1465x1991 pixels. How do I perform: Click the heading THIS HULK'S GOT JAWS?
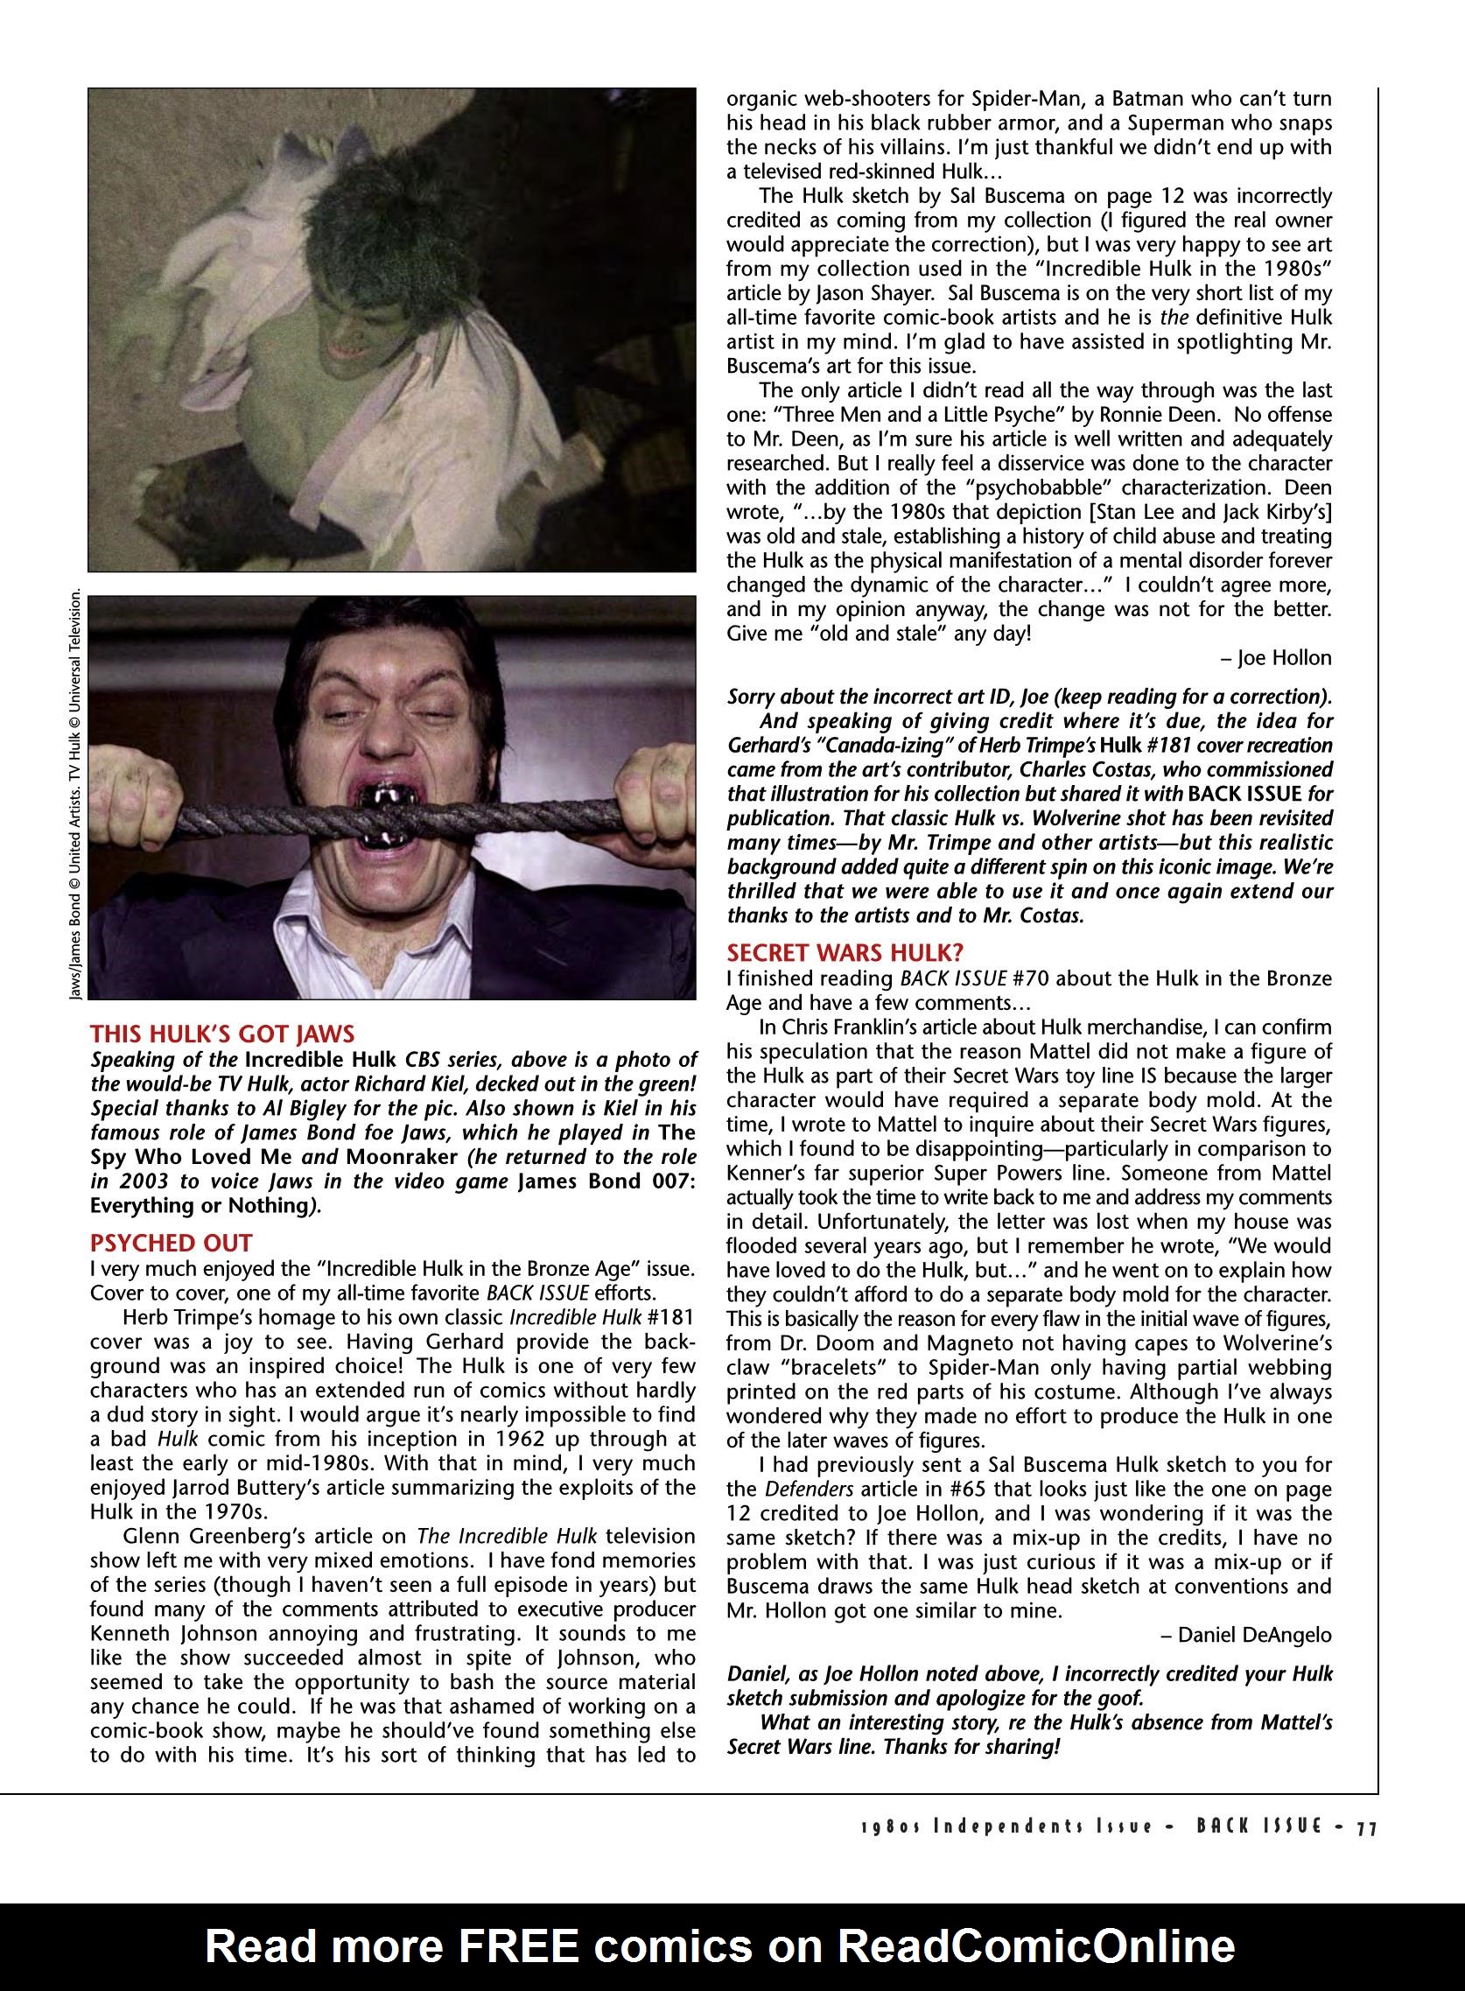tap(222, 1034)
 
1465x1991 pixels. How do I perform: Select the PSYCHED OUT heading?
tap(172, 1243)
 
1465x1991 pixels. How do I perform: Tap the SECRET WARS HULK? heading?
tap(845, 952)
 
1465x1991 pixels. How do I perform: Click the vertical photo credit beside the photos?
tap(76, 794)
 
